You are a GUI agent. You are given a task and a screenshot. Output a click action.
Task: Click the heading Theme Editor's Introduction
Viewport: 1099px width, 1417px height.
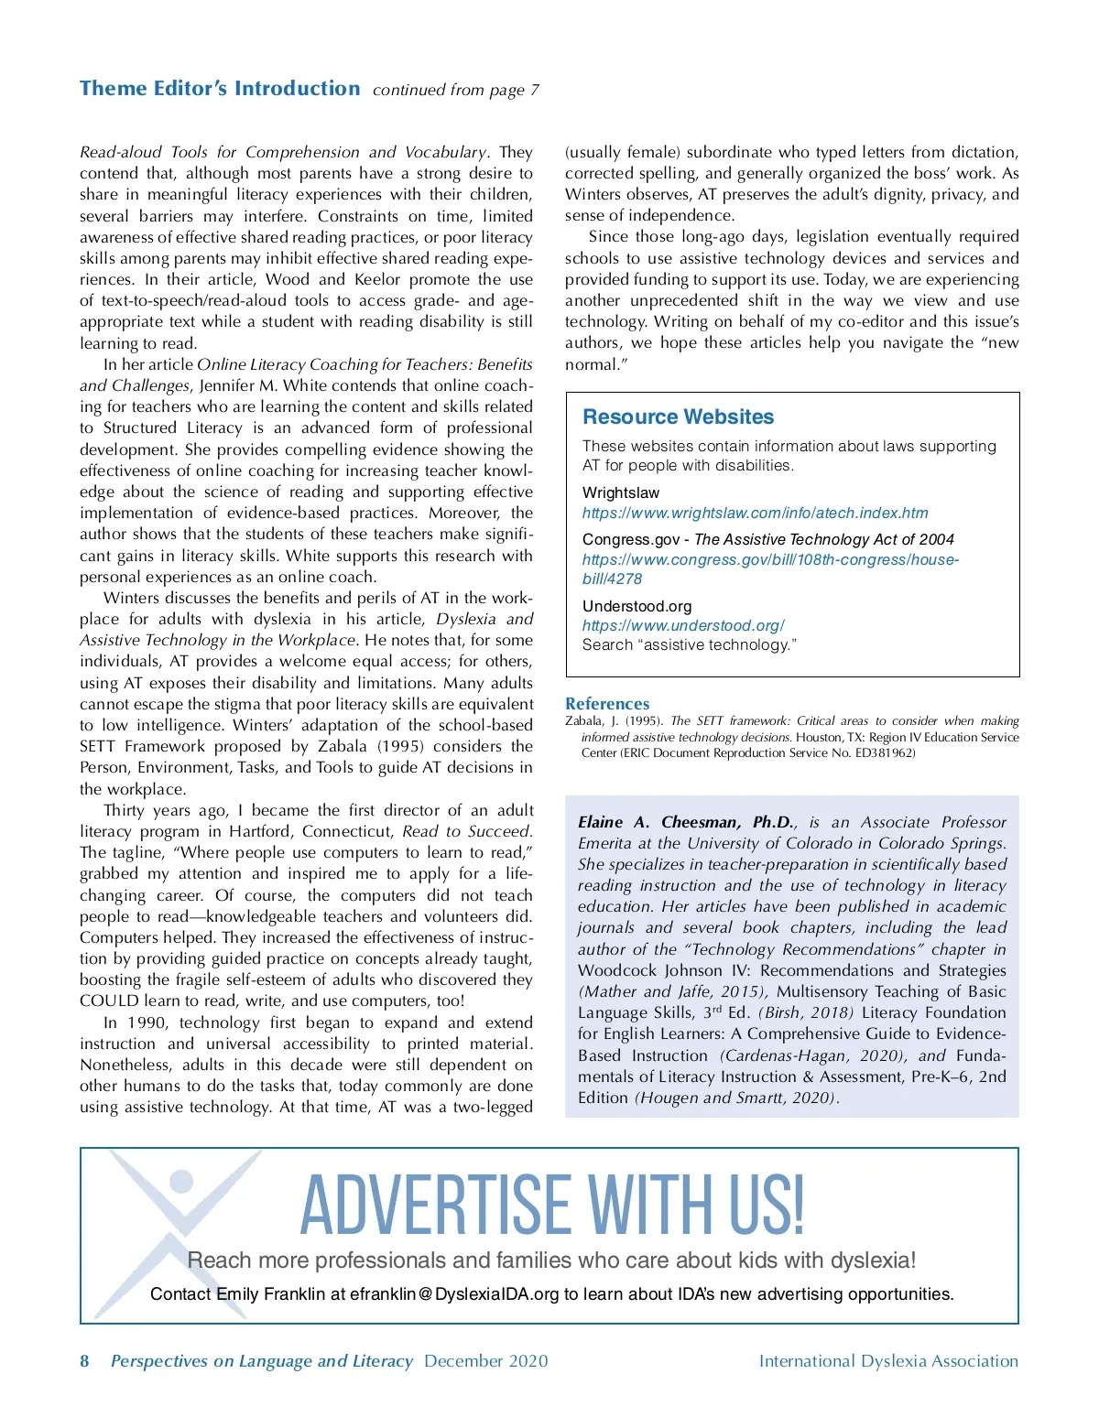pyautogui.click(x=220, y=89)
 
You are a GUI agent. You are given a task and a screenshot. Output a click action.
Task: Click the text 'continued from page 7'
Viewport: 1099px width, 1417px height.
pyautogui.click(x=455, y=90)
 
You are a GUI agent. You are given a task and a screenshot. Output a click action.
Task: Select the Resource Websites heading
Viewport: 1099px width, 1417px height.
pyautogui.click(x=678, y=416)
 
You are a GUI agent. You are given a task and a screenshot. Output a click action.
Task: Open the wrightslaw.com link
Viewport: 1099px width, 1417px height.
pyautogui.click(x=755, y=513)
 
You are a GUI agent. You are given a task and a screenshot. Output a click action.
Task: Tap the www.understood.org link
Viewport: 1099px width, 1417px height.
pyautogui.click(x=683, y=625)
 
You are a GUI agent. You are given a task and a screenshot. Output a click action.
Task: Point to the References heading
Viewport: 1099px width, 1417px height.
pyautogui.click(x=607, y=704)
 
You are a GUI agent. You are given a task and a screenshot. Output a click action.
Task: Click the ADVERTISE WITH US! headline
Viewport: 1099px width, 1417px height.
pyautogui.click(x=552, y=1204)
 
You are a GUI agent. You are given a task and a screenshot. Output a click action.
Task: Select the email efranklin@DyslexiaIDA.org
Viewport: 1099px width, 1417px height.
pyautogui.click(x=454, y=1293)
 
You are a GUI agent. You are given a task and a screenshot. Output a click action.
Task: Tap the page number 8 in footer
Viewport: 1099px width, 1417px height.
pyautogui.click(x=84, y=1360)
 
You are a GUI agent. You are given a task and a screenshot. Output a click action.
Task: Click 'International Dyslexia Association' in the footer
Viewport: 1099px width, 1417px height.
pyautogui.click(x=888, y=1360)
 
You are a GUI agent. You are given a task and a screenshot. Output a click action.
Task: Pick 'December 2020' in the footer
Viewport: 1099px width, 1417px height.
pyautogui.click(x=485, y=1360)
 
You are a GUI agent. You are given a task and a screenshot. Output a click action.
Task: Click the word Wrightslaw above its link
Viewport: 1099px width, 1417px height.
pyautogui.click(x=620, y=492)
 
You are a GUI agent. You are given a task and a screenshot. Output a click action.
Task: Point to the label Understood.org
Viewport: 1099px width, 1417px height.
pyautogui.click(x=637, y=606)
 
